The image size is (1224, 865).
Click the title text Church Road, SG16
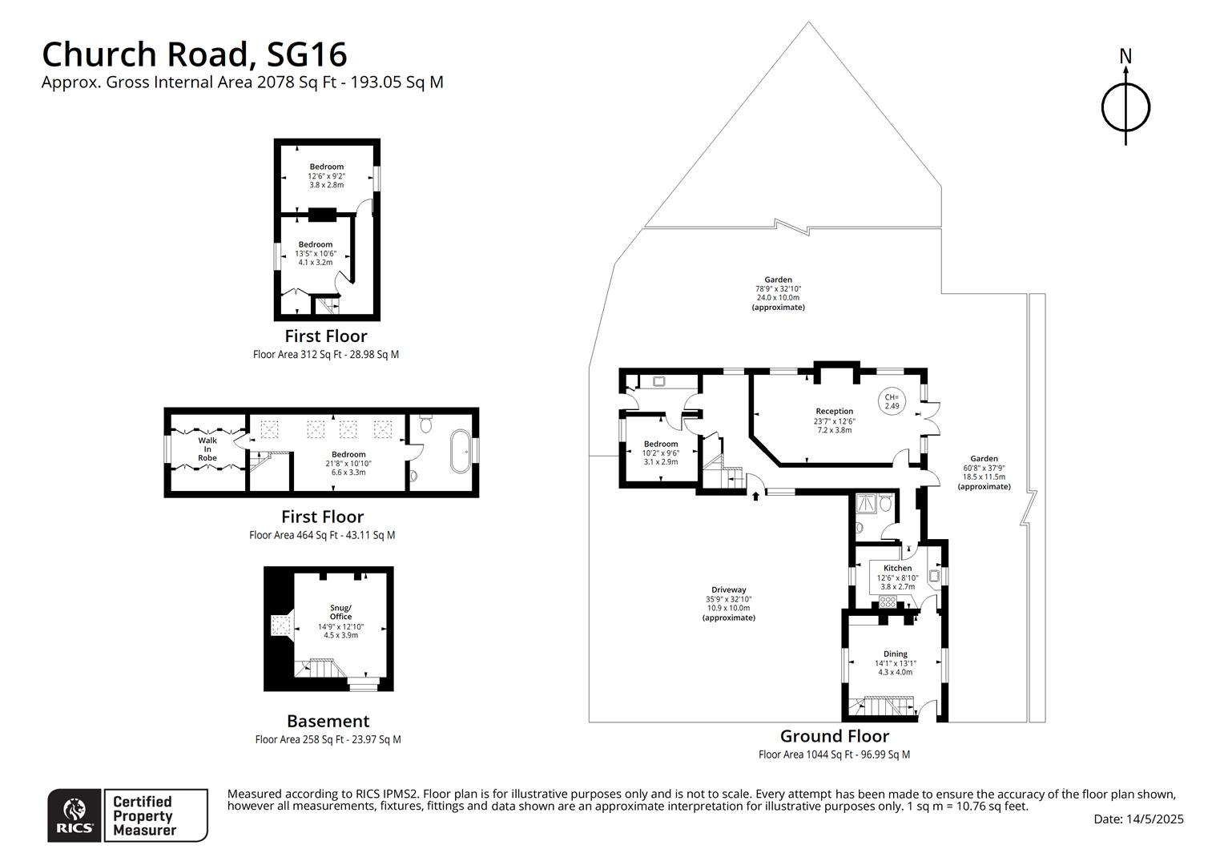tap(194, 54)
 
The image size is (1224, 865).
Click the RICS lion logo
tap(74, 815)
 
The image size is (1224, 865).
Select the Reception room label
tap(834, 411)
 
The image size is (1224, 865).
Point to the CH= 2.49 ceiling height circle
tap(892, 401)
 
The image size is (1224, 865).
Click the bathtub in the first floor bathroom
tap(461, 453)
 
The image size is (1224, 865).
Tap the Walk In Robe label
tap(207, 449)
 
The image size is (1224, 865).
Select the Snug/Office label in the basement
tap(340, 612)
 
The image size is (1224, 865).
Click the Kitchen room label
tap(897, 568)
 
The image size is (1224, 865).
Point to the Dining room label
tap(895, 654)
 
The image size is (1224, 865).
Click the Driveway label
tap(728, 589)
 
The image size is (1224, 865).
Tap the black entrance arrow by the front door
tap(755, 497)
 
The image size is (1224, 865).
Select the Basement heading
tap(328, 721)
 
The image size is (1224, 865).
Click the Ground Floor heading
tap(834, 736)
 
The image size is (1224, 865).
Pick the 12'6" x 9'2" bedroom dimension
tap(326, 176)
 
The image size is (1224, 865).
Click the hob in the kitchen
tap(887, 601)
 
